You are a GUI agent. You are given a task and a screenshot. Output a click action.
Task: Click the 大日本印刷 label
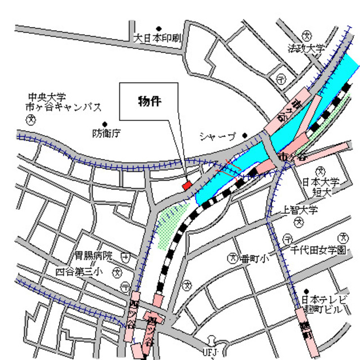(x=157, y=38)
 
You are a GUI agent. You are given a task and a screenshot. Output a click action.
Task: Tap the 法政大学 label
(x=307, y=49)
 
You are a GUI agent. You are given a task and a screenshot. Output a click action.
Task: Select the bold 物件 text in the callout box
(x=150, y=102)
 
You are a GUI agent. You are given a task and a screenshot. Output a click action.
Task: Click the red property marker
(x=187, y=184)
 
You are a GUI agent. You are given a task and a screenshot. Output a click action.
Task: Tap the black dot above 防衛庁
(x=104, y=124)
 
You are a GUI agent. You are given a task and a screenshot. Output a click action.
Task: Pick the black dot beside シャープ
(x=245, y=136)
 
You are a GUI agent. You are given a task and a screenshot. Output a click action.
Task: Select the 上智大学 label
(x=300, y=210)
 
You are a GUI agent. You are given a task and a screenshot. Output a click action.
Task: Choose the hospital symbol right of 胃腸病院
(x=125, y=256)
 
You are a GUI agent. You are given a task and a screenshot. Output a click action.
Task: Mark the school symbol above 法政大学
(x=307, y=35)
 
